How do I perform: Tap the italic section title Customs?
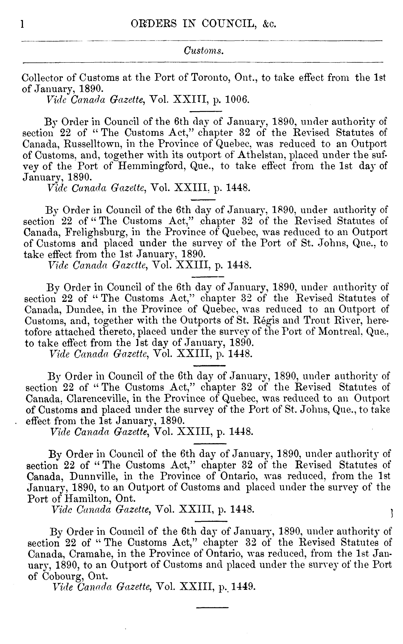(204, 51)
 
